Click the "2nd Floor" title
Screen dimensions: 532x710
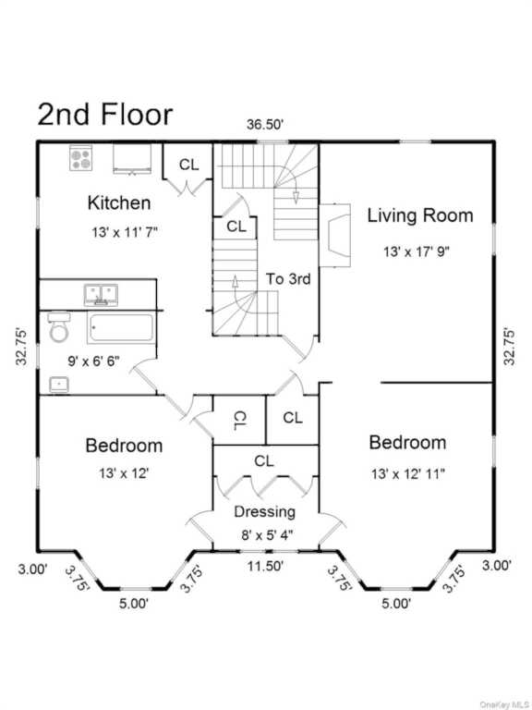point(105,114)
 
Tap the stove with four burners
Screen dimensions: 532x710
point(81,157)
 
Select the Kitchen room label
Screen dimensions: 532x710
point(119,202)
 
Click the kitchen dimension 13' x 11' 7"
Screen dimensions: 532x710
point(125,232)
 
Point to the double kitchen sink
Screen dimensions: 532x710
point(101,295)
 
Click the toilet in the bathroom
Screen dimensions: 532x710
point(59,326)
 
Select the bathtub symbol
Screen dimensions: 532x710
point(121,327)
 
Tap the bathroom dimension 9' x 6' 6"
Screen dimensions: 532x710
point(93,361)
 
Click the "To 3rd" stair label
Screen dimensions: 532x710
point(288,279)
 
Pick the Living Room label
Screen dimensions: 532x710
point(420,215)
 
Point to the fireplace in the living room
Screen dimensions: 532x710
point(335,236)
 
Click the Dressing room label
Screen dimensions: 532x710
point(265,512)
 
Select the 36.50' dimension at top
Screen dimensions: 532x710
point(265,125)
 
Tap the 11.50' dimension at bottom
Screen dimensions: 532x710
point(265,566)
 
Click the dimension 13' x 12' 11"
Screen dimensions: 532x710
point(408,474)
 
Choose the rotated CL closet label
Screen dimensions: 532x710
point(240,421)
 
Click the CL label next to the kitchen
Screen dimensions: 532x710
point(188,165)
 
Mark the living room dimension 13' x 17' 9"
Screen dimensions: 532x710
point(417,251)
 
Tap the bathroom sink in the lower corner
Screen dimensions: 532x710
point(59,385)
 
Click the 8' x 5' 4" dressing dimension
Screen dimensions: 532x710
point(267,535)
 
